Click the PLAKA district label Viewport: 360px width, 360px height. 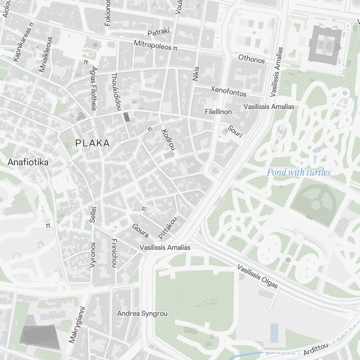93,143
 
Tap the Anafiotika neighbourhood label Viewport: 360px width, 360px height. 28,162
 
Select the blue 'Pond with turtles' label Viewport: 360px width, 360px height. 298,172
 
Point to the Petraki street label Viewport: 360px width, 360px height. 158,32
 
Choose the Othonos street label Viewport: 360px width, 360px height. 252,59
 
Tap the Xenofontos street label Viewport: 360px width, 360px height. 229,91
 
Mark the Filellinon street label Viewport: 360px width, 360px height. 218,112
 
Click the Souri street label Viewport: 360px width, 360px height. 235,132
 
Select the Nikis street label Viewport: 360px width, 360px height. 195,73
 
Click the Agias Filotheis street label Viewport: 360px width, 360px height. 94,88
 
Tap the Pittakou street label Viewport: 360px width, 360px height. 168,228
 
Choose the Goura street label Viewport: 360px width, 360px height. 140,231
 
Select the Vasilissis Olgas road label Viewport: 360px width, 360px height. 258,277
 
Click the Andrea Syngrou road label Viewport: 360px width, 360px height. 142,314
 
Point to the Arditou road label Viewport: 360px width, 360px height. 316,349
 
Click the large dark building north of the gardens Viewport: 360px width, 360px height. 325,45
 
